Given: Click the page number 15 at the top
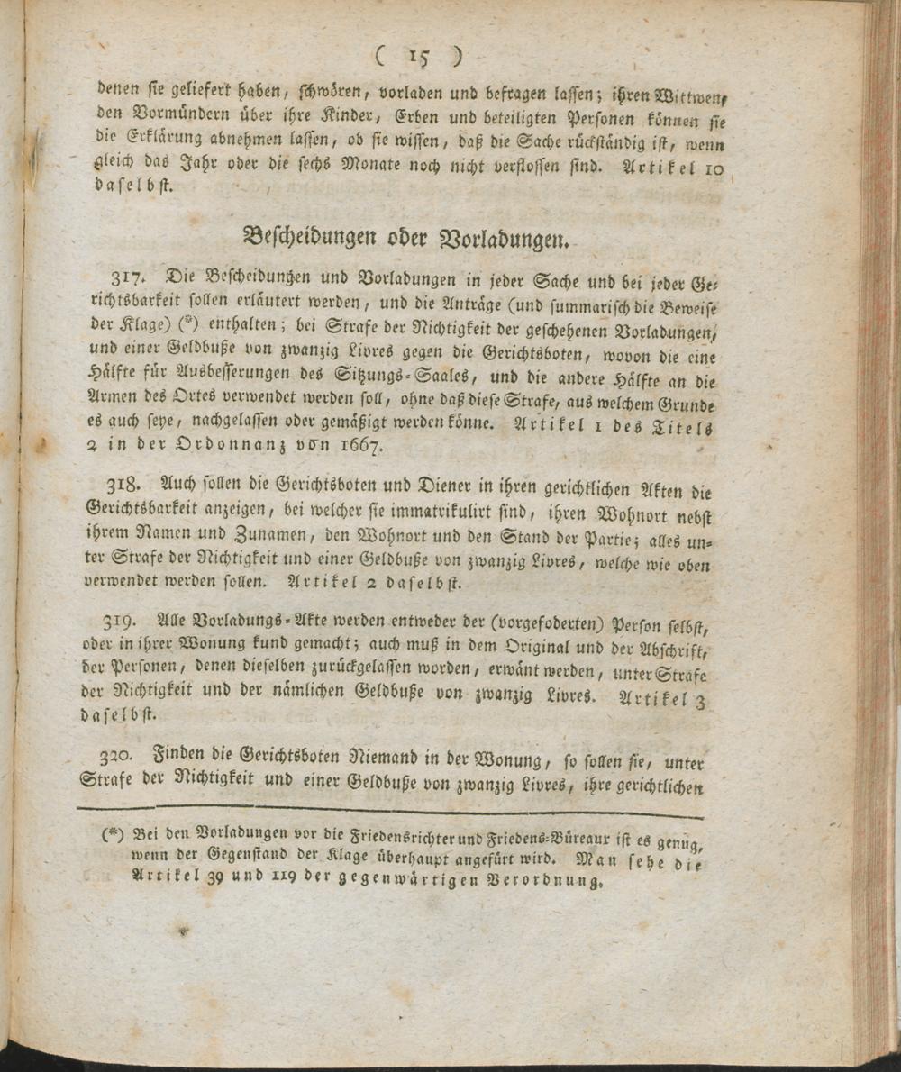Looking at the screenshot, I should [419, 57].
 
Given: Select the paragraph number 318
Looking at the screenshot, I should [123, 485].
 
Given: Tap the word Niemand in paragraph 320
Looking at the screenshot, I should [390, 761].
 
